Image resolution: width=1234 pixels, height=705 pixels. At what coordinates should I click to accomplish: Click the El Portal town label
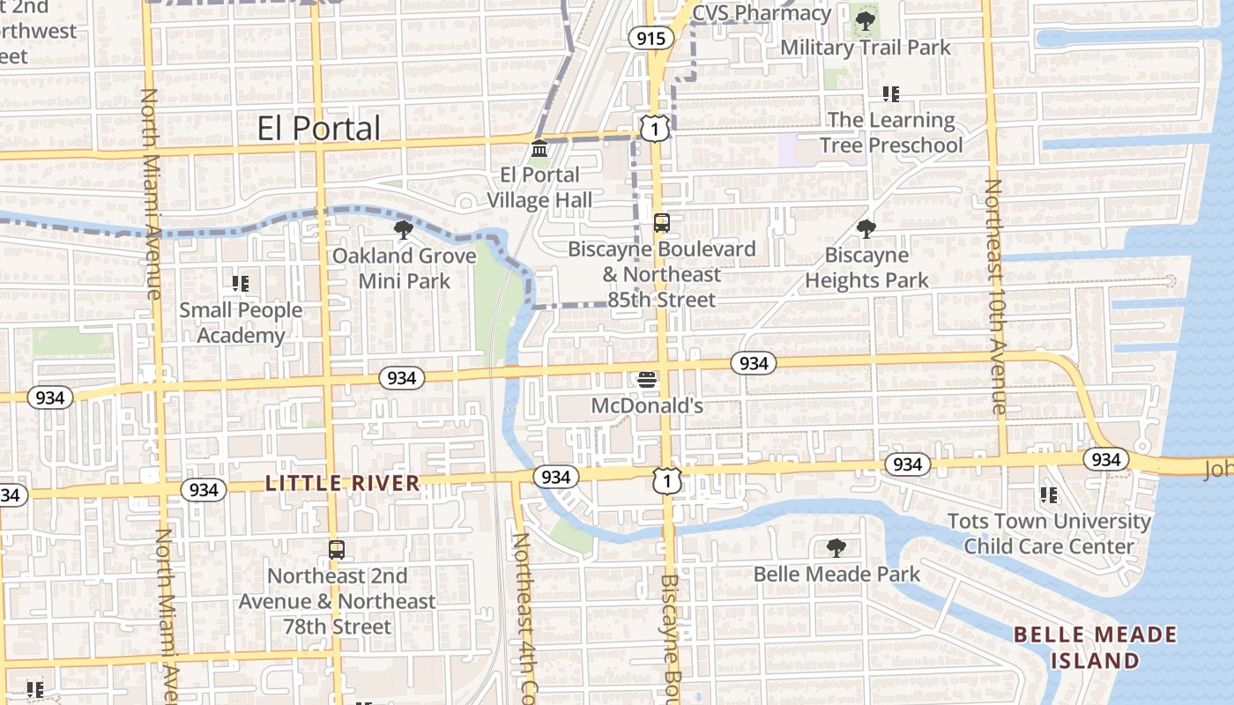pyautogui.click(x=319, y=128)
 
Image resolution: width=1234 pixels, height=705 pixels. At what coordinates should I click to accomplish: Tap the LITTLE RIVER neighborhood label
pyautogui.click(x=343, y=483)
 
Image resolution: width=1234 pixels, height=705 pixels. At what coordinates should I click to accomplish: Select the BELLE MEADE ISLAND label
pyautogui.click(x=1095, y=648)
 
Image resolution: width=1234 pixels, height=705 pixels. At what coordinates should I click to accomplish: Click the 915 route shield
pyautogui.click(x=651, y=38)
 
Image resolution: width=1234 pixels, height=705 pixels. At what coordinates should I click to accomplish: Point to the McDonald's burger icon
pyautogui.click(x=647, y=381)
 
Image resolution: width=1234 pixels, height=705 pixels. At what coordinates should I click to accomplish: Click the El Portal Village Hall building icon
pyautogui.click(x=539, y=149)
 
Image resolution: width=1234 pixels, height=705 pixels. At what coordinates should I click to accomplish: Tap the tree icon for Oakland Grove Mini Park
pyautogui.click(x=404, y=231)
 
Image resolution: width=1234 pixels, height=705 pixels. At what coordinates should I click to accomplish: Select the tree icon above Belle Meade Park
pyautogui.click(x=836, y=548)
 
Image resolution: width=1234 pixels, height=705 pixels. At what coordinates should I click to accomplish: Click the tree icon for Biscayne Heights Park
pyautogui.click(x=866, y=229)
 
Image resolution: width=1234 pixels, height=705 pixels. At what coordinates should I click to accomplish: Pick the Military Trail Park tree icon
pyautogui.click(x=865, y=19)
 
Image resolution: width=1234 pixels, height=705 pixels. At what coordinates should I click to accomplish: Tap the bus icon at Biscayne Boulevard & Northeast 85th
pyautogui.click(x=662, y=223)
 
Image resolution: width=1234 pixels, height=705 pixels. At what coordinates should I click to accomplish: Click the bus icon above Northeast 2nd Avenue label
pyautogui.click(x=337, y=550)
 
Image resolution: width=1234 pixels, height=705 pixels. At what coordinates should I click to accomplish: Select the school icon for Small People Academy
pyautogui.click(x=240, y=284)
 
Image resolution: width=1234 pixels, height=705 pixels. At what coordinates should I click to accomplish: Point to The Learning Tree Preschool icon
pyautogui.click(x=891, y=94)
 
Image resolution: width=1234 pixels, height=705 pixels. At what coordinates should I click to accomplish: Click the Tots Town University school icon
pyautogui.click(x=1049, y=495)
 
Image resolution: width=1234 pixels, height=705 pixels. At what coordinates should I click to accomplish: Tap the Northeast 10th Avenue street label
pyautogui.click(x=995, y=296)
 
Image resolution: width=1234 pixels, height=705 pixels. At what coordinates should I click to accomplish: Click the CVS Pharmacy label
pyautogui.click(x=762, y=13)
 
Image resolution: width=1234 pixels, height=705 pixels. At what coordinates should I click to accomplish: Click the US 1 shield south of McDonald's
pyautogui.click(x=667, y=480)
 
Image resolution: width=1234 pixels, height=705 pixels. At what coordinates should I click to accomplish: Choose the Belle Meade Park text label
pyautogui.click(x=836, y=575)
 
